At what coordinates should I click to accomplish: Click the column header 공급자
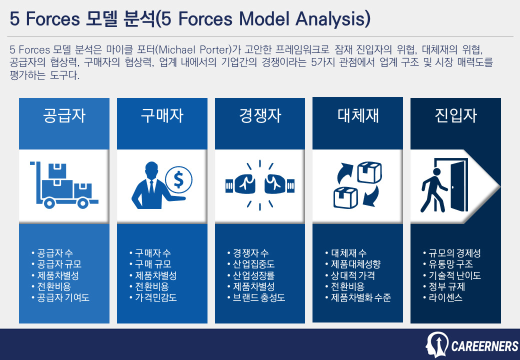coord(64,116)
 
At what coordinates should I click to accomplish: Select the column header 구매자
coord(161,116)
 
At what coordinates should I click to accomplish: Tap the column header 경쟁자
coord(259,116)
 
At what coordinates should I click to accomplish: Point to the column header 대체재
coord(357,116)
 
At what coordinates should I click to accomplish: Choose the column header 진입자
coord(455,116)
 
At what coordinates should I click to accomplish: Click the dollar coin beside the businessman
coord(178,178)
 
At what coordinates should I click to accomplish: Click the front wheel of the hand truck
coord(48,203)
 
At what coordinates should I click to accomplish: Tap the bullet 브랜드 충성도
coord(256,298)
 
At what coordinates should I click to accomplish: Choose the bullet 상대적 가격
coord(349,275)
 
